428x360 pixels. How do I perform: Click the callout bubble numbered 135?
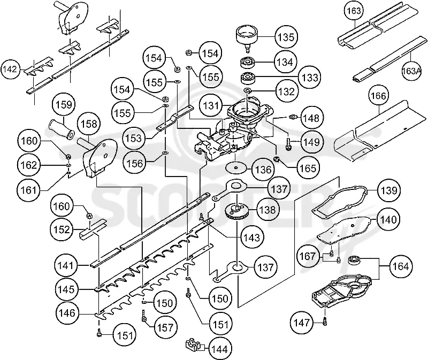(286, 37)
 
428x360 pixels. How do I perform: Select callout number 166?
(379, 96)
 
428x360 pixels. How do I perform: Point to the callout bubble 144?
(220, 349)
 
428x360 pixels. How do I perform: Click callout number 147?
(302, 323)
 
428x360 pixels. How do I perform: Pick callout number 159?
(64, 105)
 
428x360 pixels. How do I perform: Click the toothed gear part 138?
(237, 211)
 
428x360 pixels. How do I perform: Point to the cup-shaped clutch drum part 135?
(247, 37)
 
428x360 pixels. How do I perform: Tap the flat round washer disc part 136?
(236, 167)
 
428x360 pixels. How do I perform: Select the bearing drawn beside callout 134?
(249, 63)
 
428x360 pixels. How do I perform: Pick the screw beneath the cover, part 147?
(325, 320)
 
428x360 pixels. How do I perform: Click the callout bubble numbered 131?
(211, 105)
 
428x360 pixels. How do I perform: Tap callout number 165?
(308, 168)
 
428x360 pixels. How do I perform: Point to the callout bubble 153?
(133, 138)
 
